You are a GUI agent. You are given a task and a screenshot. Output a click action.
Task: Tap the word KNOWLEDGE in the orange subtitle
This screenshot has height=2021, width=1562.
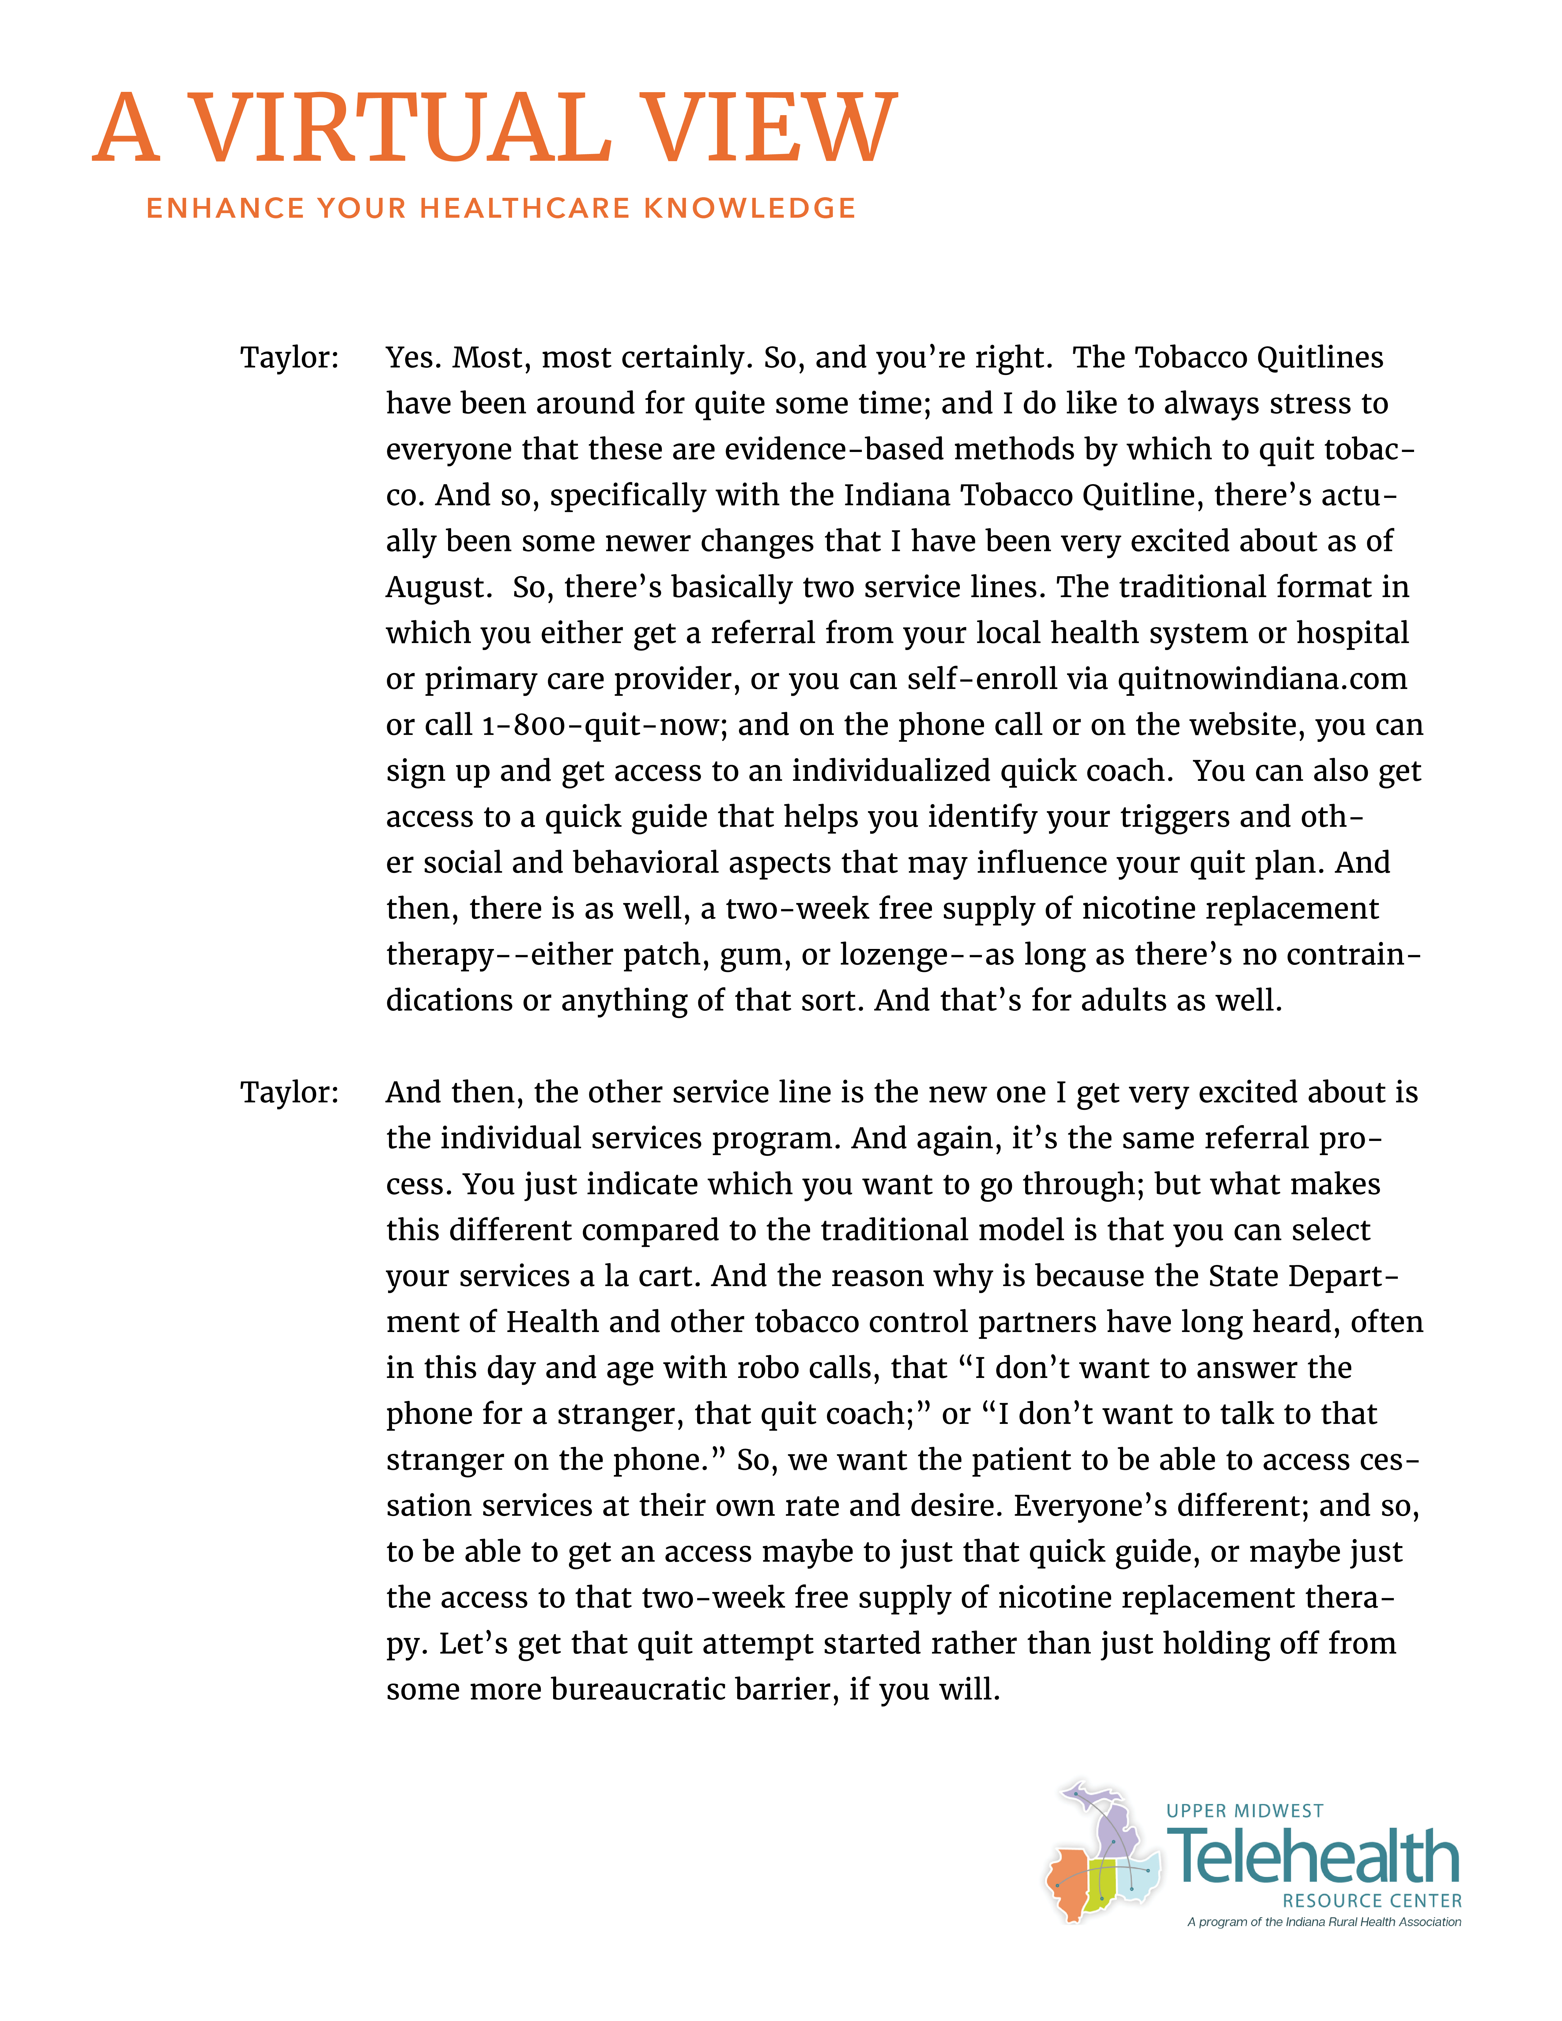[749, 208]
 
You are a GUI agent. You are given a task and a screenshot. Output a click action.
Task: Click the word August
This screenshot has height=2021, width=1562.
[437, 588]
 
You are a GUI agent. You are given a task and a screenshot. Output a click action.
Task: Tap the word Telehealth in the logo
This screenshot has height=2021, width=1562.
[1314, 1856]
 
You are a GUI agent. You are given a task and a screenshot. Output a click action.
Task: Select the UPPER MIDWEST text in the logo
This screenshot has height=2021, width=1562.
[1245, 1811]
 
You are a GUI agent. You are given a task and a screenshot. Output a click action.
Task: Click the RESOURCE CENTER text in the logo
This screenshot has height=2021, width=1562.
[1371, 1901]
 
